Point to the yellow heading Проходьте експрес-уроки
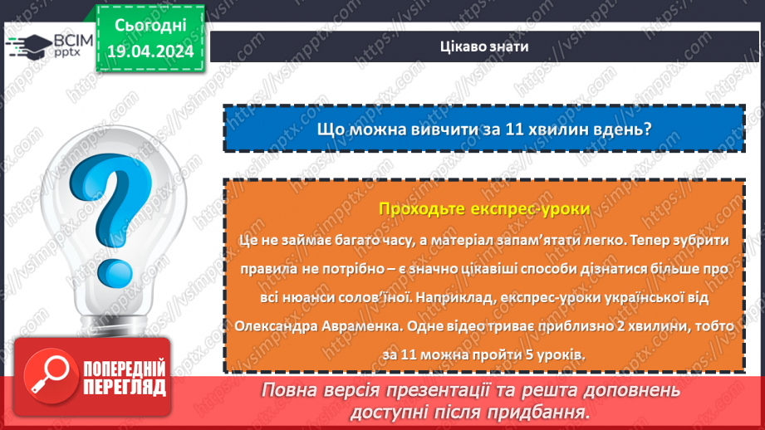point(483,209)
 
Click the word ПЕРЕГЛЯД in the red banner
point(124,387)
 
